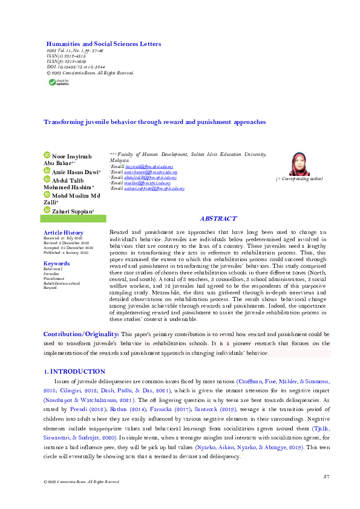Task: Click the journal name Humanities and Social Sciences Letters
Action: [x=103, y=44]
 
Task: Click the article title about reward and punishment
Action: [x=154, y=122]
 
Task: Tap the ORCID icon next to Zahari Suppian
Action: [x=48, y=209]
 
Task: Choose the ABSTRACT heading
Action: [x=218, y=219]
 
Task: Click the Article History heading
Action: [x=63, y=233]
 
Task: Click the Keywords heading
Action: [x=56, y=264]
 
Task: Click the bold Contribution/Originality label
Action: [x=80, y=334]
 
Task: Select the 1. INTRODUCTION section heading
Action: [x=74, y=371]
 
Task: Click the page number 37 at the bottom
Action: [x=326, y=478]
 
